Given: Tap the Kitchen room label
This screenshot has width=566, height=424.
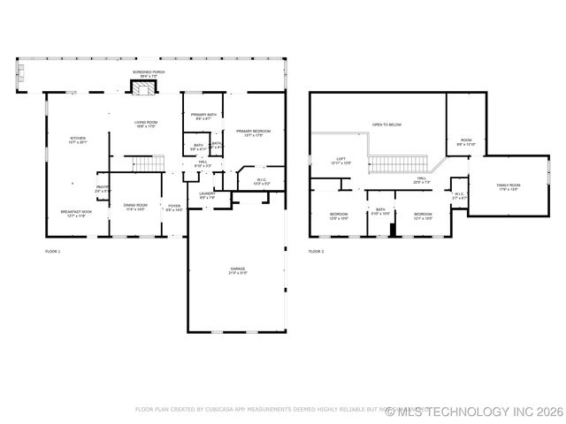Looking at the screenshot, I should (x=78, y=140).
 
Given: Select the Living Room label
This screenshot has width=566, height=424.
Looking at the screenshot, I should (x=146, y=125).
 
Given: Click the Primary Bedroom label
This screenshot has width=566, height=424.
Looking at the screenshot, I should (x=253, y=133).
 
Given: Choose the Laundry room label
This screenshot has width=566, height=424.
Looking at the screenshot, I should (x=207, y=195).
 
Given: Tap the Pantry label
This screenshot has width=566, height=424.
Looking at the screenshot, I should (x=103, y=189).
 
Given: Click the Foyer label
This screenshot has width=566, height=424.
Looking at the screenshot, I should (x=174, y=208).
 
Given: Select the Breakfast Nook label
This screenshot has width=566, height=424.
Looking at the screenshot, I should (x=76, y=214).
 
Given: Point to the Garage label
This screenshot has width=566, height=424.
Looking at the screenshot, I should (x=237, y=271).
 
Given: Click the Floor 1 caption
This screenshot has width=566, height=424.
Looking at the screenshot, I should (x=53, y=252).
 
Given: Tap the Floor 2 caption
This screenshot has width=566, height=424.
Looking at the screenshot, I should (x=317, y=252).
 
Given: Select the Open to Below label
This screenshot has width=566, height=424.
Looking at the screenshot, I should (x=386, y=125).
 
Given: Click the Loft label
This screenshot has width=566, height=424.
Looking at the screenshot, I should (x=340, y=162).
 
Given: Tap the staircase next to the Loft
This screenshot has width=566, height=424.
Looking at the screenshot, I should (x=397, y=163).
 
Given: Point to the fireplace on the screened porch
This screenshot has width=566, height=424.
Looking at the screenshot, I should (x=145, y=86).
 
